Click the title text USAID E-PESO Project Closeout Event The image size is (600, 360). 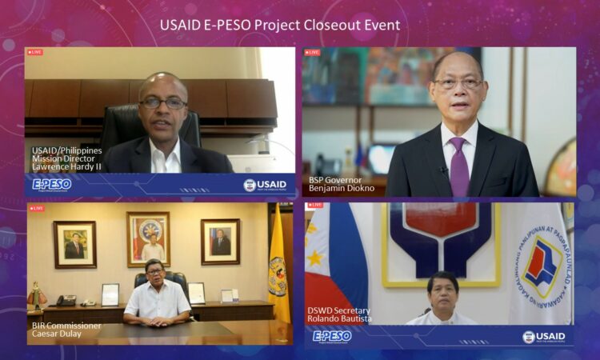[280, 25]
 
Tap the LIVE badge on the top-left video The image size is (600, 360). [35, 52]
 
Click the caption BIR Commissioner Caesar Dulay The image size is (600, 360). [66, 330]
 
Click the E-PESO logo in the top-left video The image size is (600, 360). [52, 184]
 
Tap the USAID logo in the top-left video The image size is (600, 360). [265, 185]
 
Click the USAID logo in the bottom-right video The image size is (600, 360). [544, 337]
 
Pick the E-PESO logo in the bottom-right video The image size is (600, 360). [331, 336]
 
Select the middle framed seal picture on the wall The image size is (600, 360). [149, 238]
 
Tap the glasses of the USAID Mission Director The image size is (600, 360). [162, 102]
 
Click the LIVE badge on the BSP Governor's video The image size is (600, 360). [312, 53]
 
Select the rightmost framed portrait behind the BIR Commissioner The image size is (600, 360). [221, 241]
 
